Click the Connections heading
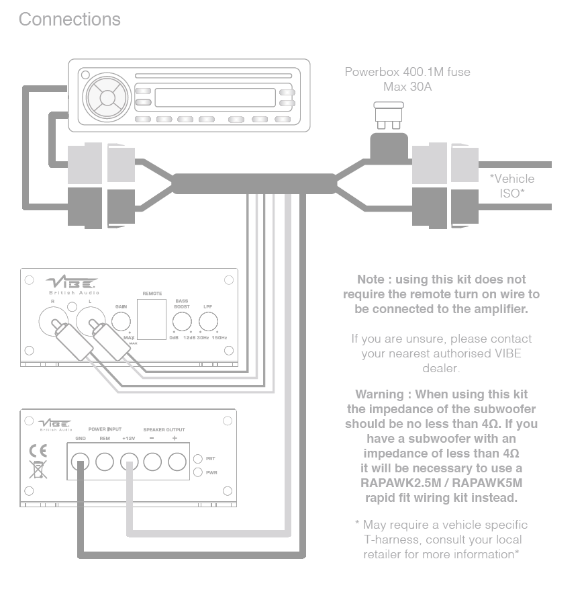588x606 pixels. click(x=70, y=19)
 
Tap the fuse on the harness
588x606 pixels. click(x=388, y=115)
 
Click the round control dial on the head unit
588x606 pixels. click(x=107, y=97)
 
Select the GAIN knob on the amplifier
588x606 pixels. click(x=121, y=321)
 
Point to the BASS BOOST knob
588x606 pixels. click(x=181, y=321)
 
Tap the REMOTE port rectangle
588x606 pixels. click(x=151, y=319)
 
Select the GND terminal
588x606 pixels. click(x=81, y=462)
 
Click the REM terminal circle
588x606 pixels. click(x=105, y=462)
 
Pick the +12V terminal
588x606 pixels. click(x=129, y=462)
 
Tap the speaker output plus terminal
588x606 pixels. click(x=177, y=462)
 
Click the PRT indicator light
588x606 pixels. click(x=198, y=459)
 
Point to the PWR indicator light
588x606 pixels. click(x=198, y=472)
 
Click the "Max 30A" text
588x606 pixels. click(x=407, y=86)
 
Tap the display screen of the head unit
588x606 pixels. click(x=215, y=97)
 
